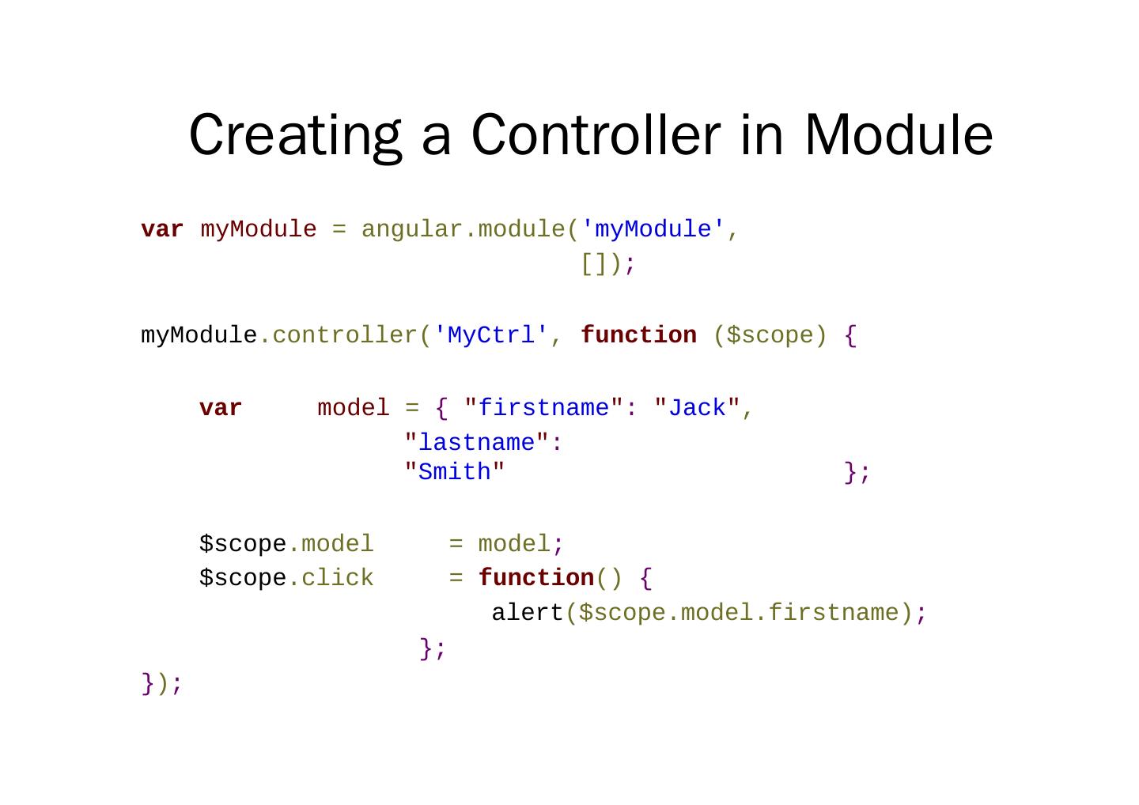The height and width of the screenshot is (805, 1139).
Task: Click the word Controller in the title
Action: click(x=596, y=134)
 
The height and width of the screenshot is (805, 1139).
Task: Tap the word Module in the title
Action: click(x=899, y=134)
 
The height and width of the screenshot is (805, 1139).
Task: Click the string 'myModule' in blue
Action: click(x=653, y=229)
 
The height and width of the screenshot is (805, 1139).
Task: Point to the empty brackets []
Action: click(x=594, y=263)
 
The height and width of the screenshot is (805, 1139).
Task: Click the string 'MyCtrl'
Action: click(x=491, y=335)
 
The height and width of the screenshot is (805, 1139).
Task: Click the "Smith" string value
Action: click(x=455, y=471)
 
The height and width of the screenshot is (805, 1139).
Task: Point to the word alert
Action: click(x=527, y=613)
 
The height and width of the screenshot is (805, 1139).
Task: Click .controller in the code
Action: click(x=339, y=335)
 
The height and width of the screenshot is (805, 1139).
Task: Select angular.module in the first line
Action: click(x=464, y=229)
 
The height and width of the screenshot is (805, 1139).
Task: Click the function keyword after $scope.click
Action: click(x=536, y=578)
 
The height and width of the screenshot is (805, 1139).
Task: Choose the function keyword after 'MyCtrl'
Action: click(x=638, y=335)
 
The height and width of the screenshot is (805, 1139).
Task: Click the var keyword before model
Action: click(x=221, y=408)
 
